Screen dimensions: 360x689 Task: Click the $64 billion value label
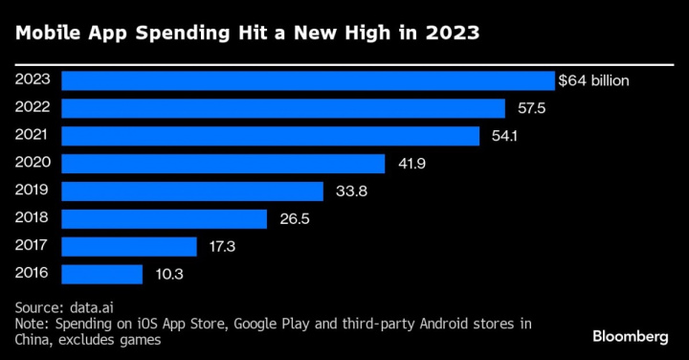pyautogui.click(x=595, y=80)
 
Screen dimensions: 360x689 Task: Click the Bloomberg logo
pyautogui.click(x=632, y=336)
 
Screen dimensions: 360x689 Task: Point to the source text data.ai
pyautogui.click(x=91, y=307)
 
